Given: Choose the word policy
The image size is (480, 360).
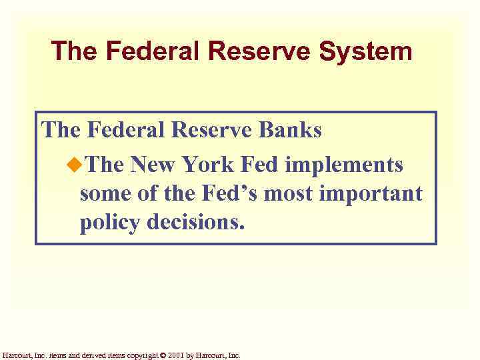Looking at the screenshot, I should coord(110,223).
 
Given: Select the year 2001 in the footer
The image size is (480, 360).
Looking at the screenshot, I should coord(176,355).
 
